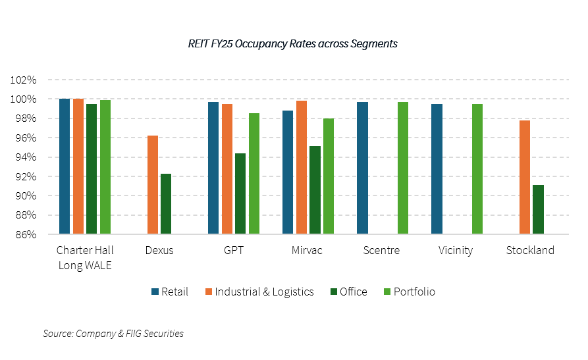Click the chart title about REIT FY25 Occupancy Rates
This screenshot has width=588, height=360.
(293, 44)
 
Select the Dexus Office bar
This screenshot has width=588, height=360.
(166, 204)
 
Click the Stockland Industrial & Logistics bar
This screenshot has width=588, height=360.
(525, 177)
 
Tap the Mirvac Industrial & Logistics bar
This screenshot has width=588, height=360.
(301, 167)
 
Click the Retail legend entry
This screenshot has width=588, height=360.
(170, 292)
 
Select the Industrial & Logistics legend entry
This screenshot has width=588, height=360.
(259, 292)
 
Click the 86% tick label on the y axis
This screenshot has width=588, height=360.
(26, 234)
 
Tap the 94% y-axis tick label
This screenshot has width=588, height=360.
(26, 157)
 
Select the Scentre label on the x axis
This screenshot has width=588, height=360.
(382, 250)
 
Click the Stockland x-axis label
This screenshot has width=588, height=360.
(530, 250)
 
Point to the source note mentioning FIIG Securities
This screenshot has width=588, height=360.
(113, 334)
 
